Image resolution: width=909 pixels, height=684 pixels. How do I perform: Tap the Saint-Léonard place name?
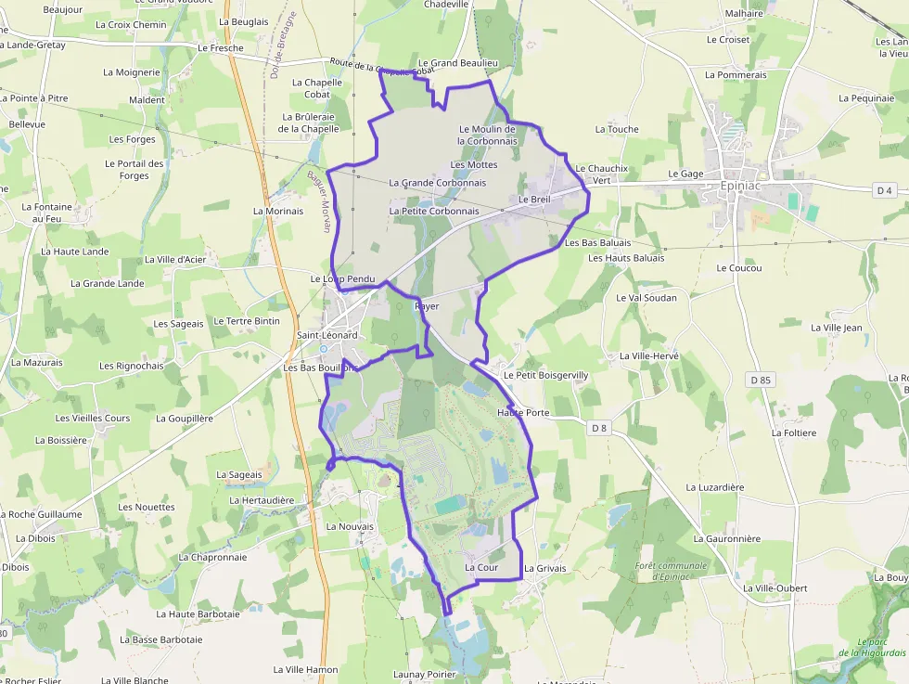(x=326, y=335)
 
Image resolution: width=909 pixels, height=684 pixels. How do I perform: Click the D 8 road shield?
(x=598, y=428)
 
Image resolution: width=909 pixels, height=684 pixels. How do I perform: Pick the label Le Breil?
(x=534, y=200)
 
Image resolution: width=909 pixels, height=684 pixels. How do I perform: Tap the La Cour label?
(x=481, y=567)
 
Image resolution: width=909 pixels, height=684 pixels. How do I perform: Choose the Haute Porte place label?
(x=523, y=412)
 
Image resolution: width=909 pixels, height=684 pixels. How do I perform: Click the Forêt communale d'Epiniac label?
(x=672, y=571)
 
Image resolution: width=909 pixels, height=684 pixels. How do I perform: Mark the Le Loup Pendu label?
(x=341, y=278)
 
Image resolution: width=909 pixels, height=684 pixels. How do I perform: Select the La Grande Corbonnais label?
(x=437, y=183)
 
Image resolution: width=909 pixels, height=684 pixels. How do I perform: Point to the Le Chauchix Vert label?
(x=602, y=174)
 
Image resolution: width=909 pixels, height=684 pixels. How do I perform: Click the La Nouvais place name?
(x=350, y=526)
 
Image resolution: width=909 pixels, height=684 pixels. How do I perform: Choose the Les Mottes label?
(x=474, y=164)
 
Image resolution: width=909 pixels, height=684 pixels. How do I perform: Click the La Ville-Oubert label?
(x=775, y=588)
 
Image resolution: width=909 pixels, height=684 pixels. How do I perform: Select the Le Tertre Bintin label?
(x=246, y=321)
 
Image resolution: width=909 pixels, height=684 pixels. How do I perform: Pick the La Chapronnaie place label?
(x=212, y=558)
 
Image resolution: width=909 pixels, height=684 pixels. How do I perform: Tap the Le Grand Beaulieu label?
(x=458, y=62)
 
